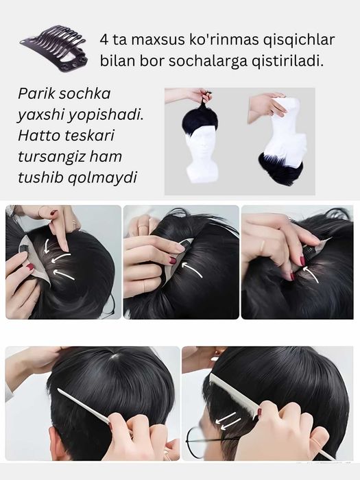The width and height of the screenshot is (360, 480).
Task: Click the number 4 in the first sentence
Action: pyautogui.click(x=104, y=40)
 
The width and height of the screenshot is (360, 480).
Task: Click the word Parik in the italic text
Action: pyautogui.click(x=36, y=94)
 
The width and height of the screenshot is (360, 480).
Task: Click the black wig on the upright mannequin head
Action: pyautogui.click(x=200, y=121)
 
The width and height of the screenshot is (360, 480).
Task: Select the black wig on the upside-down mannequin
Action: pyautogui.click(x=280, y=165)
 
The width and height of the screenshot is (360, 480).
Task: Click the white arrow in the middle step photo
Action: pyautogui.click(x=192, y=269)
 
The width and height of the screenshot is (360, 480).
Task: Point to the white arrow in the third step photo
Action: pyautogui.click(x=311, y=274)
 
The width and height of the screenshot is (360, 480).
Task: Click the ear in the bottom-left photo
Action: pyautogui.click(x=57, y=443)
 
